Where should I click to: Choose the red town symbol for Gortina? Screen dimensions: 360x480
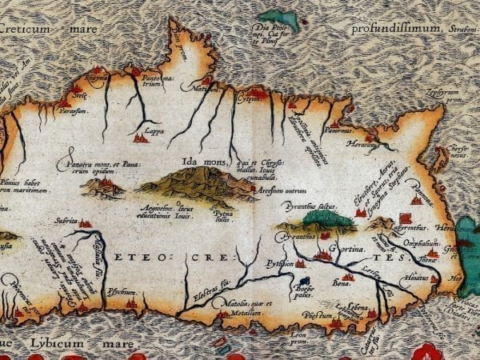[325, 255]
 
